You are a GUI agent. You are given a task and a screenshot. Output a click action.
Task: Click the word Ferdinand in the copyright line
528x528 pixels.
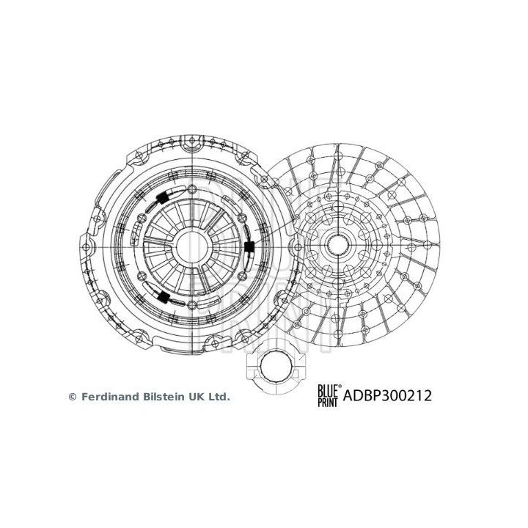pos(106,397)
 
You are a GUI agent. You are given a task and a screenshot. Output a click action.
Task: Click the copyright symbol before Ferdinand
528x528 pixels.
pos(72,397)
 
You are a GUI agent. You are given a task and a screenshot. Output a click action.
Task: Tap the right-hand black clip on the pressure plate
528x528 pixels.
pos(250,248)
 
